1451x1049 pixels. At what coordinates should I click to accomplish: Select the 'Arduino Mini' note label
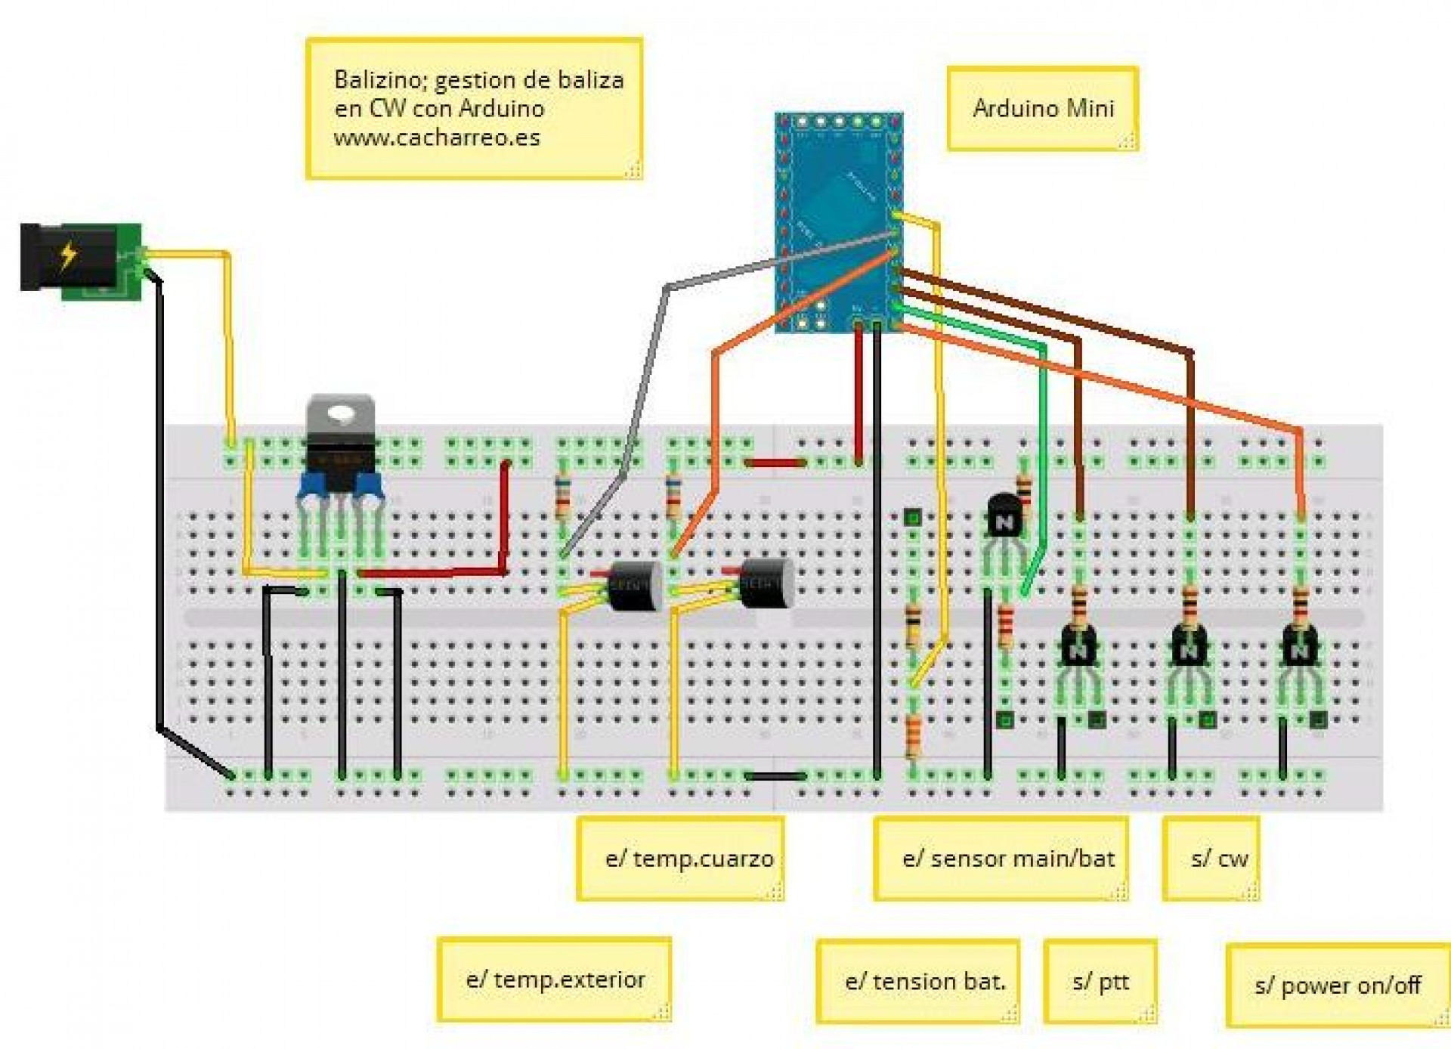click(1043, 109)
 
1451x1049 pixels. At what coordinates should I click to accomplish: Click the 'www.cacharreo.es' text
click(437, 138)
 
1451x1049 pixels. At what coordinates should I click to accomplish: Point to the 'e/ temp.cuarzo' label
click(688, 859)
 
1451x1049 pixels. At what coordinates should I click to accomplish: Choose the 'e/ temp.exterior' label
click(555, 979)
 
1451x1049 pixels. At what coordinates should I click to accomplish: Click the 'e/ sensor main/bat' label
click(1007, 859)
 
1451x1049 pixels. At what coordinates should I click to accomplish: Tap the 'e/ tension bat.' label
click(925, 981)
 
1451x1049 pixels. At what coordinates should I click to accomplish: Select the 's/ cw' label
click(1218, 859)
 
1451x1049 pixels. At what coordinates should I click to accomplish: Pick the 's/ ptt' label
click(1100, 981)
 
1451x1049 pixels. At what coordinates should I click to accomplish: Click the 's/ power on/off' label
click(1337, 985)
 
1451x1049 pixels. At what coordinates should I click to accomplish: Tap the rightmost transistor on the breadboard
click(1299, 647)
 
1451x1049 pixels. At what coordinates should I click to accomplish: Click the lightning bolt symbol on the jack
click(69, 255)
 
